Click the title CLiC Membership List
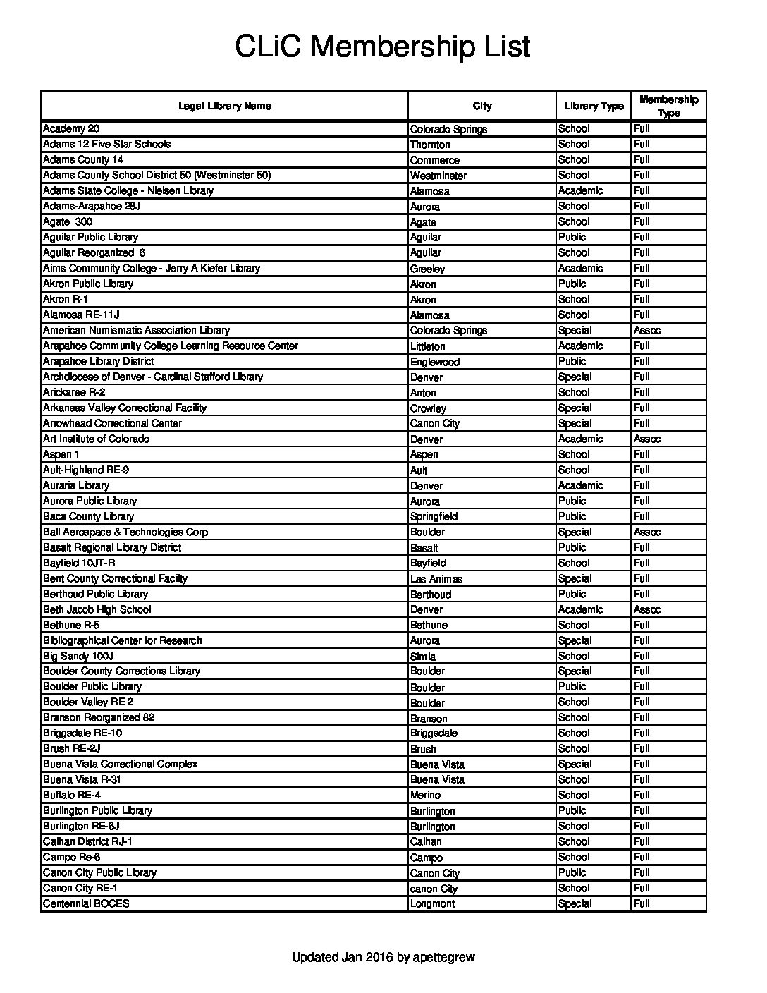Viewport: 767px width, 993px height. pos(382,47)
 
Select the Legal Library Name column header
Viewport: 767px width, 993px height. pos(224,106)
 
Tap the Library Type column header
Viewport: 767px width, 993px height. pos(594,106)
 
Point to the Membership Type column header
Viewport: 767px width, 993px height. pos(668,106)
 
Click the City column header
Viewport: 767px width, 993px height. pos(482,106)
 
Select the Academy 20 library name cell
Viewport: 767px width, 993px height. pos(71,128)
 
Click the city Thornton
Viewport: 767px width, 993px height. pos(430,145)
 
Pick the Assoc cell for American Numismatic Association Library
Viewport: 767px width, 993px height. pos(647,330)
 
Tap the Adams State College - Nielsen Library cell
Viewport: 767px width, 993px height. pos(128,190)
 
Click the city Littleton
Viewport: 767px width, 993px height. pos(428,346)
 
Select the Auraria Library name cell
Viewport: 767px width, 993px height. pos(76,485)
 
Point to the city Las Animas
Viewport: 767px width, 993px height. pos(436,579)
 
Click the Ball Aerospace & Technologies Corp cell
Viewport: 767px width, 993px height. pos(125,532)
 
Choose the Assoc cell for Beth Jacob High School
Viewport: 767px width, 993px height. pos(647,609)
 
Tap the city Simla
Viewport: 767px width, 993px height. pos(423,657)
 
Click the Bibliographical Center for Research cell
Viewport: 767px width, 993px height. pos(123,640)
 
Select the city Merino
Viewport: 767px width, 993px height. pos(425,796)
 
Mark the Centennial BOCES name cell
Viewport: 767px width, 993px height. pos(86,903)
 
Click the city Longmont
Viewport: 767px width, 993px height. pos(433,904)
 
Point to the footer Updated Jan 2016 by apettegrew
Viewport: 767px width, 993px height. pos(383,957)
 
